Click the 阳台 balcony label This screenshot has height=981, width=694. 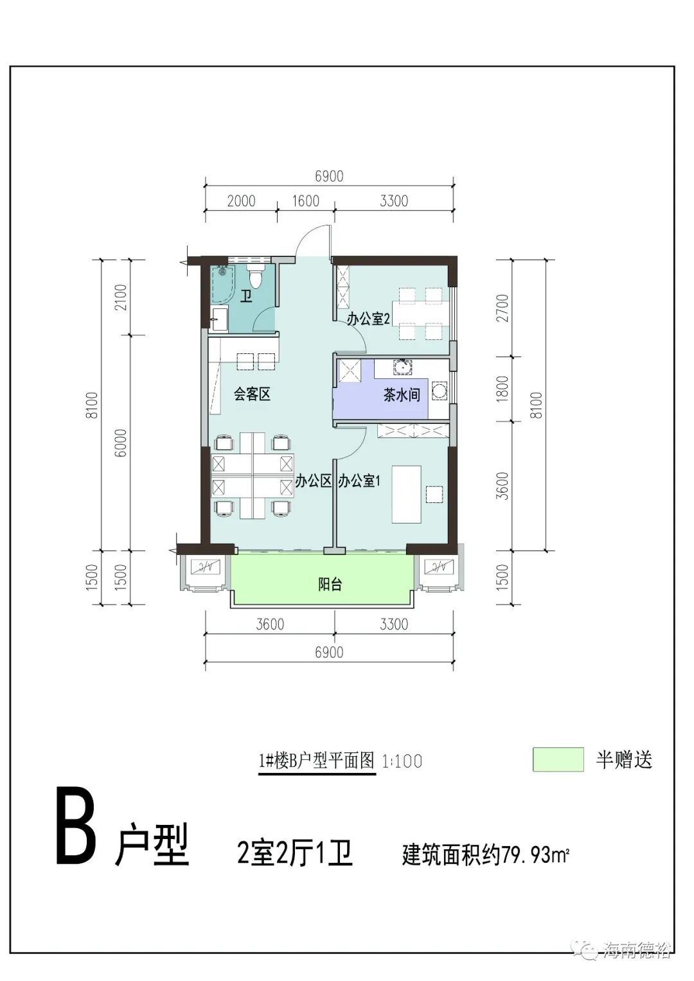pos(330,585)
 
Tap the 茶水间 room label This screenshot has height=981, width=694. pos(402,394)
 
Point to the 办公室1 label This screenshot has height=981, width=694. pos(360,481)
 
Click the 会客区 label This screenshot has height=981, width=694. pos(251,394)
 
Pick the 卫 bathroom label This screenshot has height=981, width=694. pos(246,297)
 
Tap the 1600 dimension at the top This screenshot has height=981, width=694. pos(305,200)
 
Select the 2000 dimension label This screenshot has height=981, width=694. pos(241,200)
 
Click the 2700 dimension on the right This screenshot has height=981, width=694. pos(503,308)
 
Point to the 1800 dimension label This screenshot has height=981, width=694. pos(503,389)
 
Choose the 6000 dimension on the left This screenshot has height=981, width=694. pos(121,443)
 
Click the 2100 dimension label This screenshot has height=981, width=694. pos(121,297)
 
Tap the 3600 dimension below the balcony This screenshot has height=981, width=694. pos(269,624)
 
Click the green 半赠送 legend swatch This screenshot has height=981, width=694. pos(558,759)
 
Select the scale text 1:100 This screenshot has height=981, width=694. pos(402,761)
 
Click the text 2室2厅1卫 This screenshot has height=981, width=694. pos(295,854)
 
